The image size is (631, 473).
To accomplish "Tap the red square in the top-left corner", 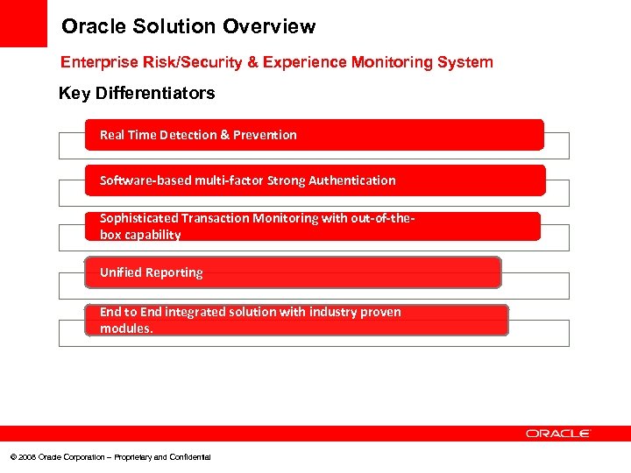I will click(23, 23).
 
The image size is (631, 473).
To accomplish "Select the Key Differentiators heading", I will click(136, 93).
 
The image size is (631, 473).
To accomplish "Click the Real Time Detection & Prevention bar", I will click(315, 135).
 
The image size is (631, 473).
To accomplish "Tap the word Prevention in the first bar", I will click(265, 135).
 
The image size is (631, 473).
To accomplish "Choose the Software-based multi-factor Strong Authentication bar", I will click(315, 180).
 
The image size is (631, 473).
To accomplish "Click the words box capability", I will click(140, 235).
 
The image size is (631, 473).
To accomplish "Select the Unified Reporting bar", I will click(294, 272).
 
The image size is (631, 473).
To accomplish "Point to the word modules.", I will click(126, 328).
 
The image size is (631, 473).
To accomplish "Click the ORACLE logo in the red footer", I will click(558, 434).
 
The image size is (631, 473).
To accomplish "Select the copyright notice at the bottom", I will click(110, 457).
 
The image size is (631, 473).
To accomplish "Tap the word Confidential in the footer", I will click(190, 457).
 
